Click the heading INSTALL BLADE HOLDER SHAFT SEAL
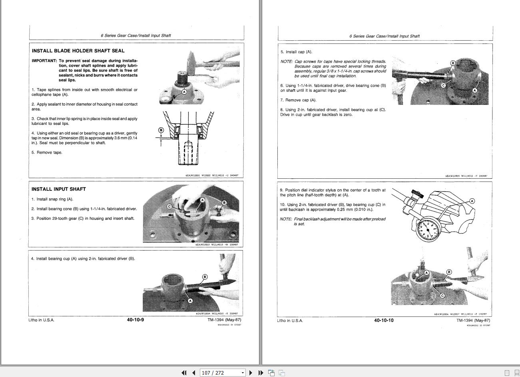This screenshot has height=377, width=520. (78, 51)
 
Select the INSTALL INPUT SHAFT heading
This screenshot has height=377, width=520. (59, 189)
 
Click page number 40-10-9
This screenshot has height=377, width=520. (135, 320)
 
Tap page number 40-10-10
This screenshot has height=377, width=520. (384, 320)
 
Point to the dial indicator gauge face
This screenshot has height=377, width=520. (428, 230)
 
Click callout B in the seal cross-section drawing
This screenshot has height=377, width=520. (161, 130)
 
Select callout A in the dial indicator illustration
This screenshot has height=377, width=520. (472, 201)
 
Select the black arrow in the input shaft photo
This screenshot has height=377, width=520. (171, 215)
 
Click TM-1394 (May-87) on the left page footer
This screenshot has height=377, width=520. (224, 320)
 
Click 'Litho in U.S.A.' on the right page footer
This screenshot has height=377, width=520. (290, 321)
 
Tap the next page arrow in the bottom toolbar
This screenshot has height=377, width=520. (251, 373)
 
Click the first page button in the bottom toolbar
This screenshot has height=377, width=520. (183, 373)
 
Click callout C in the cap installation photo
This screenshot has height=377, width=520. (443, 85)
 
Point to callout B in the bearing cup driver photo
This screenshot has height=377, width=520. (205, 277)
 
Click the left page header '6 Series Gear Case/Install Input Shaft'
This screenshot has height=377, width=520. (135, 36)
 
